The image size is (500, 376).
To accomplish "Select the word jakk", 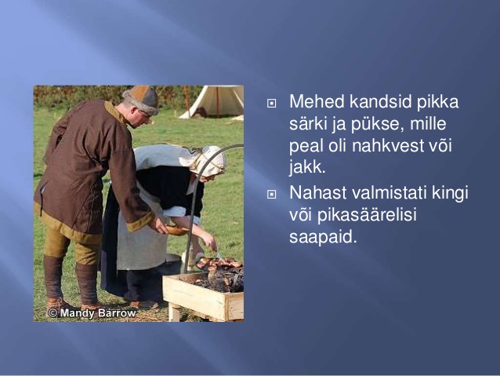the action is [307, 168].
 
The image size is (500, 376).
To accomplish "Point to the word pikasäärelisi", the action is [367, 215].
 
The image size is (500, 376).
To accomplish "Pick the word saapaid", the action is [323, 237].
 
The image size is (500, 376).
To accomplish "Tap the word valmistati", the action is [389, 192].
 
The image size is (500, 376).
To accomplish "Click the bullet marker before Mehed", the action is [271, 103].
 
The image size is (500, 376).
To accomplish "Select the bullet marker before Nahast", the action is [271, 194].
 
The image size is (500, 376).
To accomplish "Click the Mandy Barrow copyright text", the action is [92, 312].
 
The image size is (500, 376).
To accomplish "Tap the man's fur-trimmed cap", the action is [141, 100].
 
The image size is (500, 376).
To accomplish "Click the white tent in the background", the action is [212, 102].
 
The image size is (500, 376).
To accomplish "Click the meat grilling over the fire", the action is [220, 264].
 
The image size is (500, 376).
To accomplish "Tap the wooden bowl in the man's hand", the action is [176, 230].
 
